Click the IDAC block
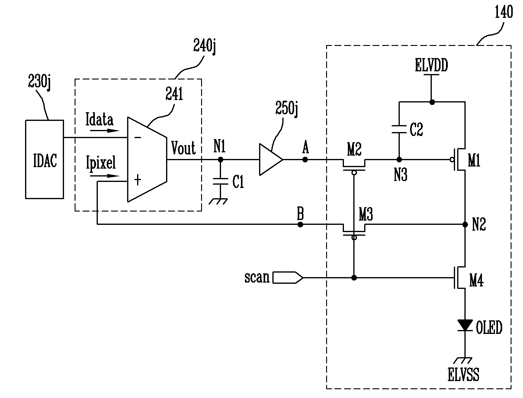(x=44, y=159)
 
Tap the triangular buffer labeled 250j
(x=271, y=159)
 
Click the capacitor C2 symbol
(x=399, y=129)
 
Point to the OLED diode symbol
(x=465, y=325)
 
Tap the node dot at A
(x=305, y=159)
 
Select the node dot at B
(x=300, y=225)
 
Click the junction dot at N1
(x=220, y=159)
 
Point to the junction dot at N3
(x=399, y=159)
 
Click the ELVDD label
(x=431, y=66)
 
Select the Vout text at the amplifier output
(x=183, y=148)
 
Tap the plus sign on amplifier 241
(x=137, y=180)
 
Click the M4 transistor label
(x=476, y=281)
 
